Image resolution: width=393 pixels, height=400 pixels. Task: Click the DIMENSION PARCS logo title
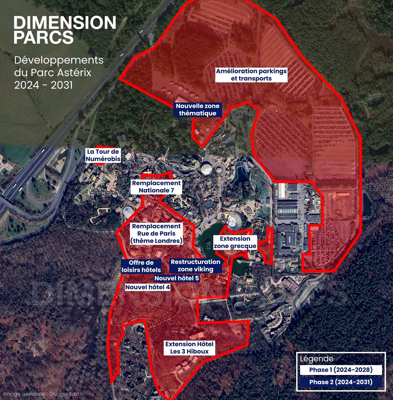coord(65,30)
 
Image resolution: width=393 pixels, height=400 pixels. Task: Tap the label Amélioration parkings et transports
coord(251,75)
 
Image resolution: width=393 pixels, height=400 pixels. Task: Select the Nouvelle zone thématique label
coord(198,110)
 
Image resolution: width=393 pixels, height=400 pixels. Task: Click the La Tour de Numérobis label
coord(103,155)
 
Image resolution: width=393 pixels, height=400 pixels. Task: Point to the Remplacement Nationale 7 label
coord(156,187)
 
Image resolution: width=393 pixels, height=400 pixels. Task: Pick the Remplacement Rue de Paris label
coord(156,234)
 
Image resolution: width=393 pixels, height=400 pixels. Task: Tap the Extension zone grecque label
coord(235,242)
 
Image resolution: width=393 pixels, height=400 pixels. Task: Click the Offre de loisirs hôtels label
coord(141,266)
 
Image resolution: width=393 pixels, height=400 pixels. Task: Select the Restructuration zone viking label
coord(195,266)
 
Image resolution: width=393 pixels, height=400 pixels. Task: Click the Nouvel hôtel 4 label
coord(147,287)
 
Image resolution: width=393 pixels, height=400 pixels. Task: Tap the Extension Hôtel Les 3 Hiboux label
coord(189,348)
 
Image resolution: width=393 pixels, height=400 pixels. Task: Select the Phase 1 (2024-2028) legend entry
coord(341,370)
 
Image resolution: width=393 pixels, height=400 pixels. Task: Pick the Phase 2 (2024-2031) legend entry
coord(341,382)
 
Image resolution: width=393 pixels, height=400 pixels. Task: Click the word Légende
coord(317,359)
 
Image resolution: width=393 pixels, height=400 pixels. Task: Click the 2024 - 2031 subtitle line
coord(43,85)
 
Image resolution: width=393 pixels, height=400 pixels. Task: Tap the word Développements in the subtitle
coord(59,61)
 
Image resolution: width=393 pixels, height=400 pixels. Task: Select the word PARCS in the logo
coord(43,37)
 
